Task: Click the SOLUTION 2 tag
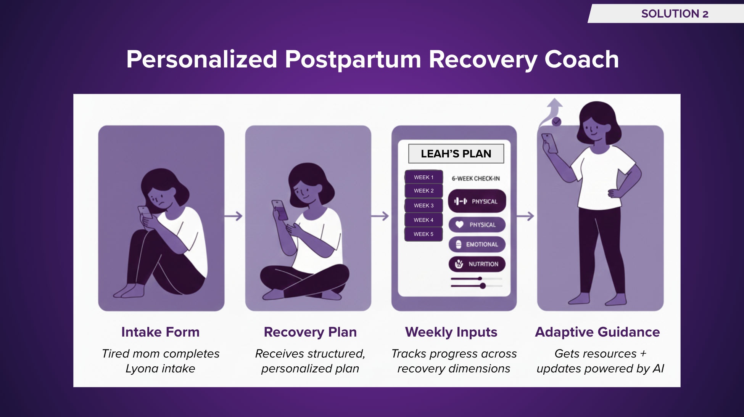click(x=674, y=14)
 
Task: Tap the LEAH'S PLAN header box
click(x=456, y=154)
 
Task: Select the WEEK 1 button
click(x=424, y=177)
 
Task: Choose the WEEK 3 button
click(x=424, y=205)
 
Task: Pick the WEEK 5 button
click(x=424, y=234)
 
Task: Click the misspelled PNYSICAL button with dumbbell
click(x=477, y=201)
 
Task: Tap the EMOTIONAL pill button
click(x=477, y=244)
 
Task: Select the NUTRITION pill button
click(x=477, y=264)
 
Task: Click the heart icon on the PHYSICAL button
click(x=459, y=225)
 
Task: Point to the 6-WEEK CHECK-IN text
click(x=475, y=178)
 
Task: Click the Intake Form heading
click(x=160, y=332)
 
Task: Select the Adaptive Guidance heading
click(x=597, y=332)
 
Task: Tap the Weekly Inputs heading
click(x=451, y=332)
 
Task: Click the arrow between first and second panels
click(x=234, y=216)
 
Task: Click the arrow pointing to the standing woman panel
click(x=525, y=216)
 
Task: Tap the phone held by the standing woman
click(x=549, y=143)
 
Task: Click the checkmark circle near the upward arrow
click(x=557, y=122)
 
